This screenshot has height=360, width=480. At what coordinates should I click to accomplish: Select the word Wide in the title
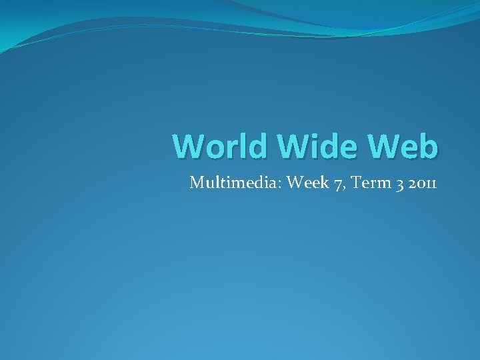coord(305,146)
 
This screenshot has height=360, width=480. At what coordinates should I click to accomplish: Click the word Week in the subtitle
coord(305,181)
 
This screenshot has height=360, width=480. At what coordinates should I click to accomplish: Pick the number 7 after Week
coord(334,182)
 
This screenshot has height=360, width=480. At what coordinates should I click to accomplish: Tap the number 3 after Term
coord(399,182)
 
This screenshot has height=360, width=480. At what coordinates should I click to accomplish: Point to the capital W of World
coord(188,146)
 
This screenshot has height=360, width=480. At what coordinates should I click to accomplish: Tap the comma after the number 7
coord(341,186)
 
